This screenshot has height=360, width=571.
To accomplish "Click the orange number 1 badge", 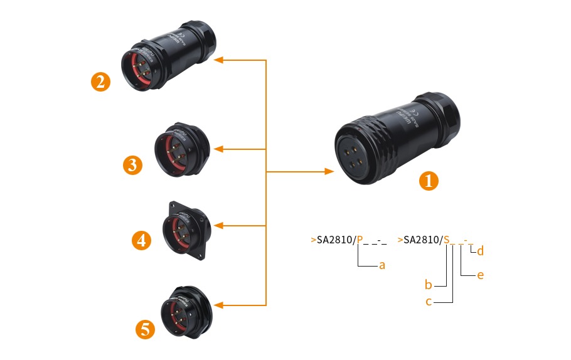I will (x=429, y=181).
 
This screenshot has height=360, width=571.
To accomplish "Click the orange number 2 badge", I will (x=100, y=82).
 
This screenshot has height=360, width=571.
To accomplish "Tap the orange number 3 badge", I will (x=133, y=165).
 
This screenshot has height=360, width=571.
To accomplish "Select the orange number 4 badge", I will (x=142, y=240).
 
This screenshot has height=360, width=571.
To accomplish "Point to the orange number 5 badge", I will (x=146, y=329).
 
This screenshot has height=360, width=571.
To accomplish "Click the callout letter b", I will (x=429, y=285).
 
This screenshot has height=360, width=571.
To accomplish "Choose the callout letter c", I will (x=429, y=302).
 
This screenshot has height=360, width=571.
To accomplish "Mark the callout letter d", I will (x=480, y=251).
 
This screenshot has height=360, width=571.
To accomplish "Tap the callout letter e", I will (x=480, y=275).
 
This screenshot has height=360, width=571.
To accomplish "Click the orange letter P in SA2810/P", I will (x=360, y=240).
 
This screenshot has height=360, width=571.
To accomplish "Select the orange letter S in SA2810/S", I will (x=447, y=240).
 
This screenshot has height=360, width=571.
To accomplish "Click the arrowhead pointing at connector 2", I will (x=218, y=60).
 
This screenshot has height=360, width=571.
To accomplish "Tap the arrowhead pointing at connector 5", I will (x=218, y=305).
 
